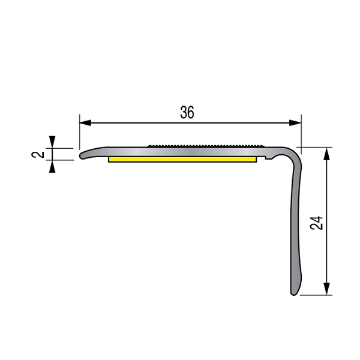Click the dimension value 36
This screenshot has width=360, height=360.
(187, 112)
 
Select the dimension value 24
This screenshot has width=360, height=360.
(317, 223)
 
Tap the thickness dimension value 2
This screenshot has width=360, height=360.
(40, 154)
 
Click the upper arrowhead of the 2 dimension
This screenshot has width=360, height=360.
(53, 143)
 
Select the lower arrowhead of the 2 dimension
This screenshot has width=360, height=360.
(53, 166)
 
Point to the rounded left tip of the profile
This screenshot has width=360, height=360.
(82, 155)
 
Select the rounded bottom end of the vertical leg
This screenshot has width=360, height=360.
(294, 293)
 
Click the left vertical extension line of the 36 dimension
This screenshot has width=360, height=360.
(79, 135)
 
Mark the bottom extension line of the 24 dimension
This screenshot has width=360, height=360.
(315, 295)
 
